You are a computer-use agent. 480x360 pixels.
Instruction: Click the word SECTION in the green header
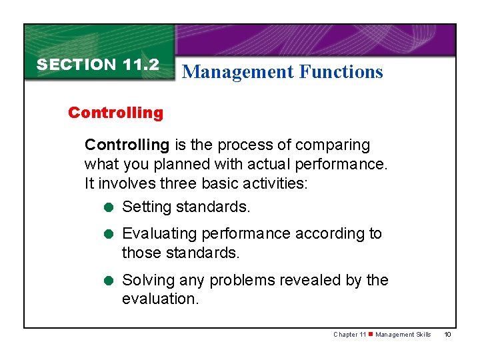coord(77,65)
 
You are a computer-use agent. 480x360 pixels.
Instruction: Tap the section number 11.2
coord(141,65)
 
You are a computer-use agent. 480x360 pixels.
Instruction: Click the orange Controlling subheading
coord(115,113)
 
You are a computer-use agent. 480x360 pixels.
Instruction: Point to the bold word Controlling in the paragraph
coord(127,145)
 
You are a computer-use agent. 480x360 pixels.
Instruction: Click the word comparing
coord(334,145)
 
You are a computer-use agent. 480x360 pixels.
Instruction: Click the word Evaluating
coord(159,234)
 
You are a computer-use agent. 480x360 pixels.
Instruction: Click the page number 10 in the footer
coord(447,335)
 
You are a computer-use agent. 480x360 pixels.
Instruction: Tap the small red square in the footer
coord(371,335)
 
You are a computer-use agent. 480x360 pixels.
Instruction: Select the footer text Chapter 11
coord(349,335)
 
